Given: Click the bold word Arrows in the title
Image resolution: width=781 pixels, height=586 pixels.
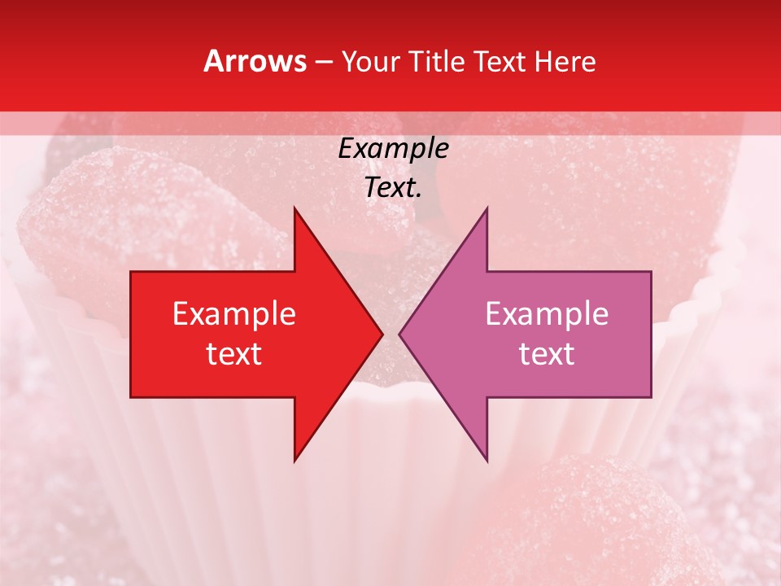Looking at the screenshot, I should (x=255, y=61).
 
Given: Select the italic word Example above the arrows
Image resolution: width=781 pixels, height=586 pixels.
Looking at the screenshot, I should (x=394, y=148).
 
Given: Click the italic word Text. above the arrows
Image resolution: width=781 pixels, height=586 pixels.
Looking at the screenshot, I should (x=394, y=187).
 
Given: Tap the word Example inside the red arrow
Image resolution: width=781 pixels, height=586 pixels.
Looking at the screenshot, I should (x=234, y=313).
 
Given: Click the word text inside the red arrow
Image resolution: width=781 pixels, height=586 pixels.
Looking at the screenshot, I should (x=234, y=353).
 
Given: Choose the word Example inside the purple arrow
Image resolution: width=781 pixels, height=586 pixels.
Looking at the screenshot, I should (x=547, y=313).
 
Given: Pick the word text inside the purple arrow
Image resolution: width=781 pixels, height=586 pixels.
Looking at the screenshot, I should (x=547, y=353).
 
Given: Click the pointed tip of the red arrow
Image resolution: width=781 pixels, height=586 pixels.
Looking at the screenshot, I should (x=382, y=335).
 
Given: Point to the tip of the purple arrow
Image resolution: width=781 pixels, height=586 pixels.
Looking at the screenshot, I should (x=399, y=335).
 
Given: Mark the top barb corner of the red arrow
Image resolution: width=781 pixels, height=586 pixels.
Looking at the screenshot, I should (x=295, y=208).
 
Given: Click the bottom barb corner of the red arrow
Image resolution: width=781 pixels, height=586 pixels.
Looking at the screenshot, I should (x=295, y=461).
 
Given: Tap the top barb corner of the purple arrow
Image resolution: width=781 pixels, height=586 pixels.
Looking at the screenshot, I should (x=487, y=208).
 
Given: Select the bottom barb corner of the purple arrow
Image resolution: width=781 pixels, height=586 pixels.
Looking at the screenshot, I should (x=487, y=461).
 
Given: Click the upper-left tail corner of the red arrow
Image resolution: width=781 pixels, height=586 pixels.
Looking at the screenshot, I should (x=131, y=272).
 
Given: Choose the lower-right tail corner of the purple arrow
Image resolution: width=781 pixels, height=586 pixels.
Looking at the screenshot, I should (x=651, y=397).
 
